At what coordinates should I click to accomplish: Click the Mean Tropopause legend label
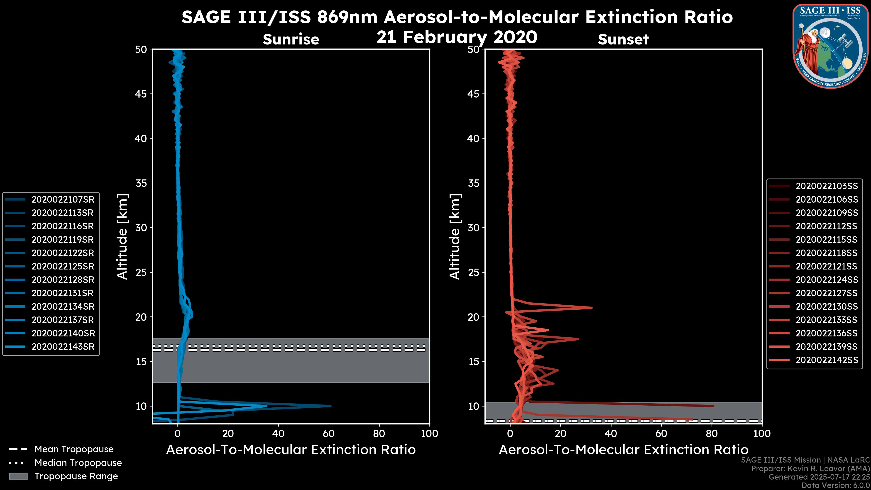coord(74,449)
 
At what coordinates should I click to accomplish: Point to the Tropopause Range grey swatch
coord(18,476)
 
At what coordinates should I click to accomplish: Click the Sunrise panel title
coord(291,39)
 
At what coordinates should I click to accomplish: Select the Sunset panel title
coord(623,39)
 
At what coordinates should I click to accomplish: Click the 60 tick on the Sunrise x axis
coord(329,434)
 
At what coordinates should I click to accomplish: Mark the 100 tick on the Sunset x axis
coord(762,434)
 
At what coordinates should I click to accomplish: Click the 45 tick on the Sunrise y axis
coord(141,94)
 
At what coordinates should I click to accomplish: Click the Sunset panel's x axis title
coord(623,450)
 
